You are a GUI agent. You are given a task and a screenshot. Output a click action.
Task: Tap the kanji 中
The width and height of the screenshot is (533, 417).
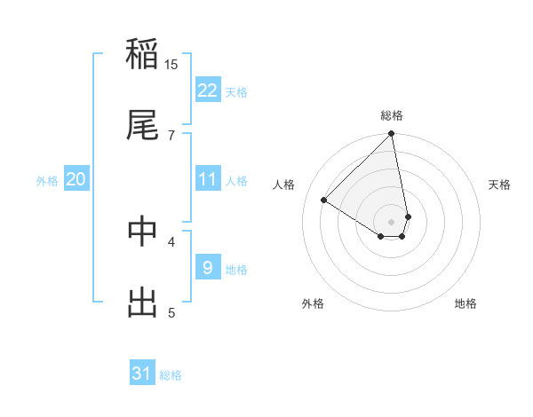pyautogui.click(x=142, y=232)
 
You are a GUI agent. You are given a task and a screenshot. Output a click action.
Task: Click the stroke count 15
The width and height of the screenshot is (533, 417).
pyautogui.click(x=171, y=65)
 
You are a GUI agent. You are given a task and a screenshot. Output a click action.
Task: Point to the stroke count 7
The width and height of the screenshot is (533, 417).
pyautogui.click(x=171, y=135)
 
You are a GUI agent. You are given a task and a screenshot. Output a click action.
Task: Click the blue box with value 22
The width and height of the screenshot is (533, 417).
pyautogui.click(x=208, y=90)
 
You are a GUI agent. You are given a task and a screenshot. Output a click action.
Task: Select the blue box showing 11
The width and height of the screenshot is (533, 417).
pyautogui.click(x=208, y=179)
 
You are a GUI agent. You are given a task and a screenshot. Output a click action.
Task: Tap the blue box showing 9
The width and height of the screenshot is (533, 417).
pyautogui.click(x=208, y=267)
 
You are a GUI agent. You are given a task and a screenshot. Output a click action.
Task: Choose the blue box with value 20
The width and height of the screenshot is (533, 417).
pyautogui.click(x=76, y=179)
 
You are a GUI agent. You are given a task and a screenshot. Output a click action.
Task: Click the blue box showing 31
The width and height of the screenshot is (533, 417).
pyautogui.click(x=142, y=374)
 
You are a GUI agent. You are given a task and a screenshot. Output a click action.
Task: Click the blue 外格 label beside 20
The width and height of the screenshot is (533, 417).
pyautogui.click(x=47, y=181)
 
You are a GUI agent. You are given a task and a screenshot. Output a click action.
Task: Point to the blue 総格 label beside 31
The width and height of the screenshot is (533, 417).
pyautogui.click(x=171, y=375)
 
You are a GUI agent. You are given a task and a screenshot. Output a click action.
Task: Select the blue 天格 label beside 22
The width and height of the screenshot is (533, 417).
pyautogui.click(x=236, y=92)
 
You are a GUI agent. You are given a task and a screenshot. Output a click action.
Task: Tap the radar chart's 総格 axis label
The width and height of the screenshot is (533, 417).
pyautogui.click(x=392, y=115)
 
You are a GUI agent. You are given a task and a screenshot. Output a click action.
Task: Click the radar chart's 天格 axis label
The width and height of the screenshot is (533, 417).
pyautogui.click(x=499, y=185)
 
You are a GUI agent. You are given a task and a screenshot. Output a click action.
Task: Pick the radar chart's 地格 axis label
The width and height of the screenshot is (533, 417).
pyautogui.click(x=465, y=304)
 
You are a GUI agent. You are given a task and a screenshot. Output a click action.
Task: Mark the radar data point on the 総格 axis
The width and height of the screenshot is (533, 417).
pyautogui.click(x=392, y=134)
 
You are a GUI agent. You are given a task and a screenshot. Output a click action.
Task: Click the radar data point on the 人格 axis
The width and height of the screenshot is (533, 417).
pyautogui.click(x=324, y=200)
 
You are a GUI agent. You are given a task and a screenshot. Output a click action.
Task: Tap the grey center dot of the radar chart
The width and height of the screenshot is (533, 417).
pyautogui.click(x=392, y=221)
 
